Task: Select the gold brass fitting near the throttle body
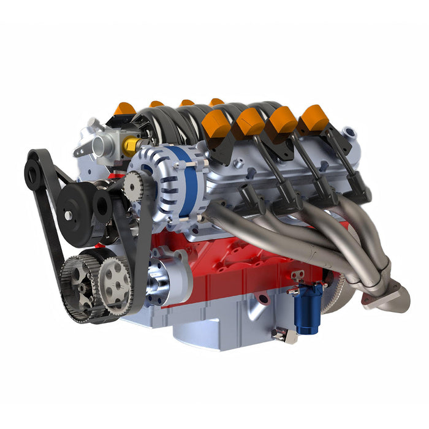coord(131,145)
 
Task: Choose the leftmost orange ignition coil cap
coord(125,109)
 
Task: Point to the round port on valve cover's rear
coord(350,132)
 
